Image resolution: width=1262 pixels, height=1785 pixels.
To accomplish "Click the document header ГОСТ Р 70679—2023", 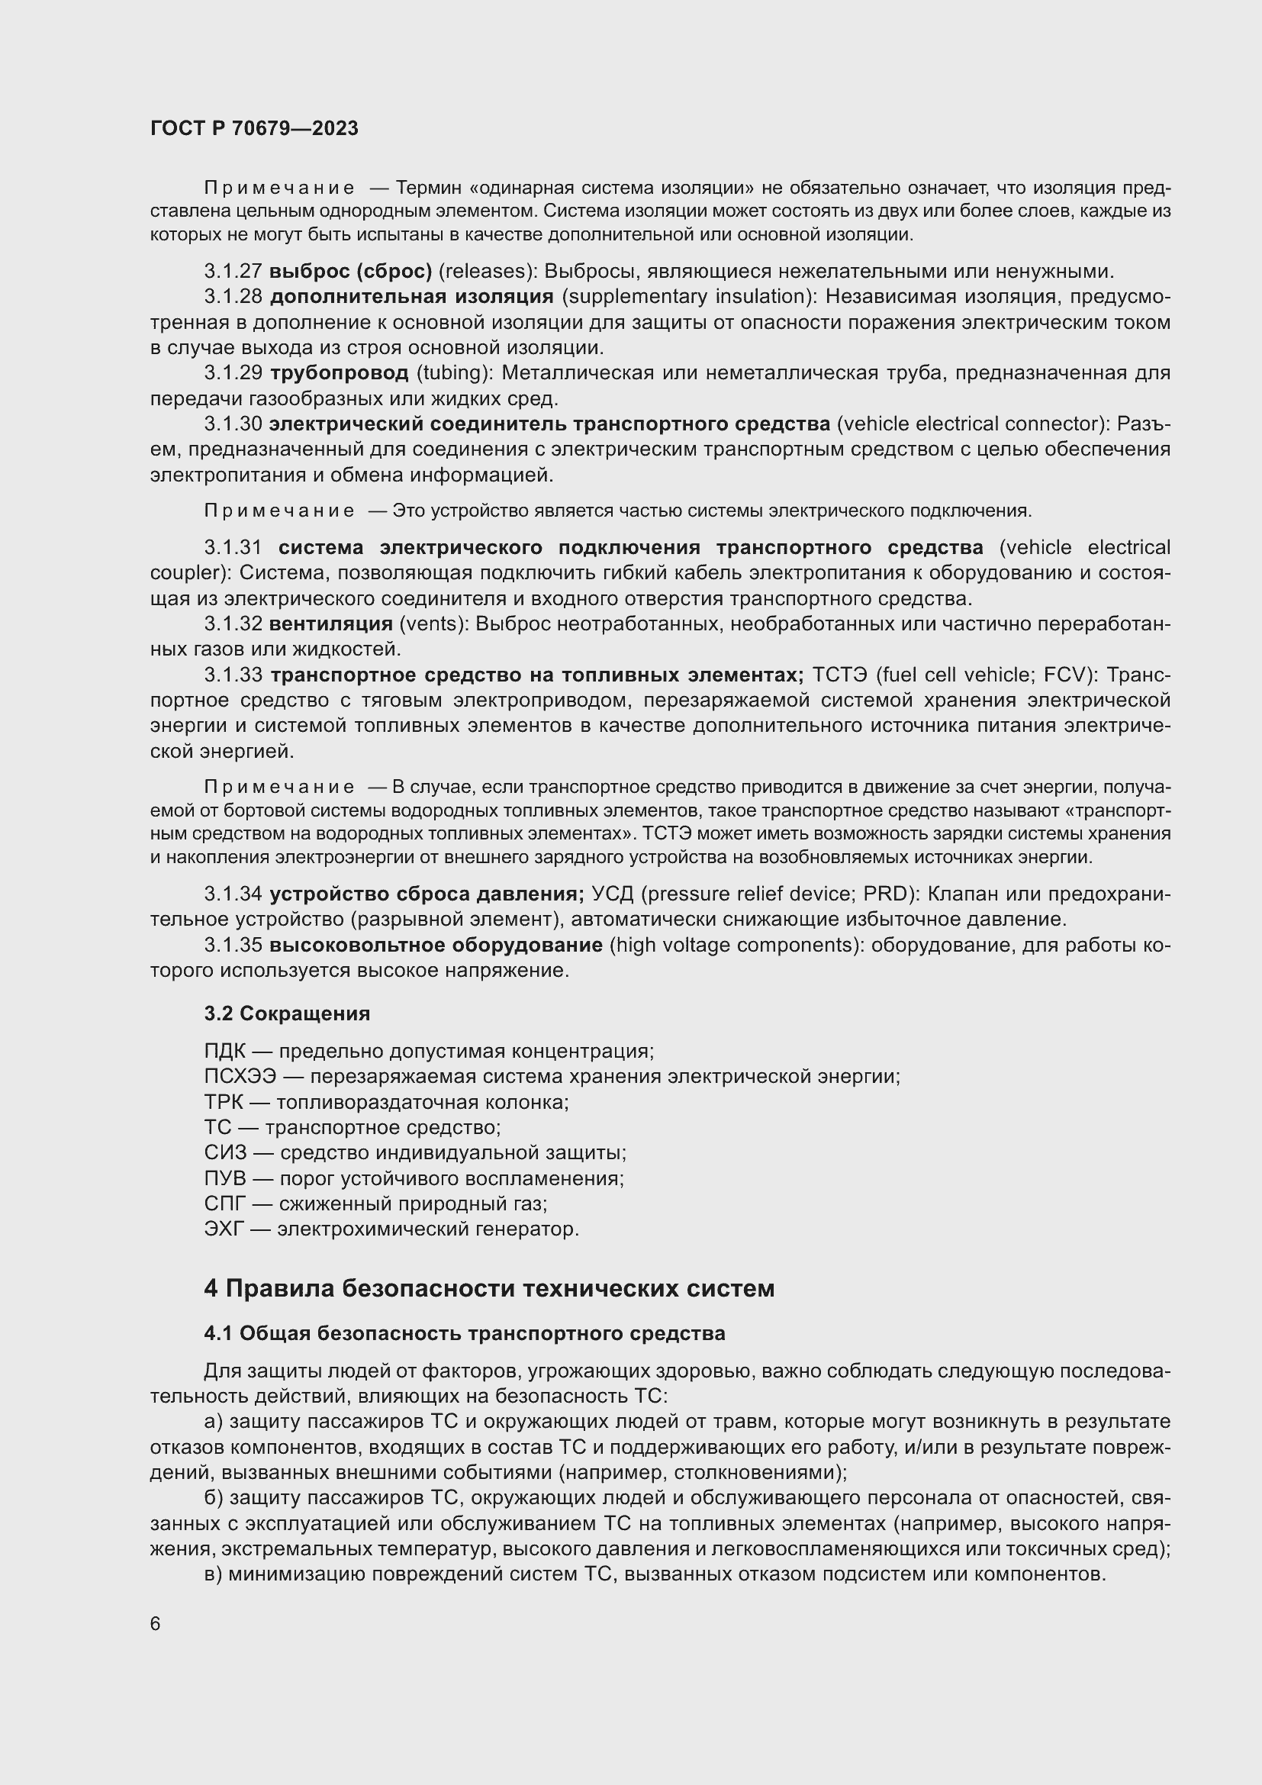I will point(254,128).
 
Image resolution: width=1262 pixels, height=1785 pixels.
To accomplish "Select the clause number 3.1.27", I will point(233,272).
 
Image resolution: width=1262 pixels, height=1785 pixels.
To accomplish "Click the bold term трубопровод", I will point(339,373).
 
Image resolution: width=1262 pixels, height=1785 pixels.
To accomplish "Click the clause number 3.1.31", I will point(233,548).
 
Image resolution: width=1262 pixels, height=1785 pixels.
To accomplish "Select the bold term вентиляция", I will point(331,624).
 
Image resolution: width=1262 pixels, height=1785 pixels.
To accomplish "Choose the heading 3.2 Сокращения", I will point(287,1013).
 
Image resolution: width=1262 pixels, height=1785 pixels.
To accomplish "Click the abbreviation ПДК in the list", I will point(224,1051).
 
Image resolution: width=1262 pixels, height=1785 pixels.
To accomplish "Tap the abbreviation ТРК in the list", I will point(224,1103).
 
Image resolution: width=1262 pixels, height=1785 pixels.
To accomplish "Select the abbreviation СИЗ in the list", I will point(224,1153).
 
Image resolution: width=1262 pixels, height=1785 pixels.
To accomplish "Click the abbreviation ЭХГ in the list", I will point(224,1229).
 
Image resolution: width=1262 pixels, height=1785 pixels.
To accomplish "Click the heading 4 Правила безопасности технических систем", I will point(489,1289).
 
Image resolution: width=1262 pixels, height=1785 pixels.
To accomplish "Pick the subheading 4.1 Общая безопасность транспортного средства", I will point(464,1334).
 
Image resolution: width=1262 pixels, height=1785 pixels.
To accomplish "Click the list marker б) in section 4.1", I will point(214,1498).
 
